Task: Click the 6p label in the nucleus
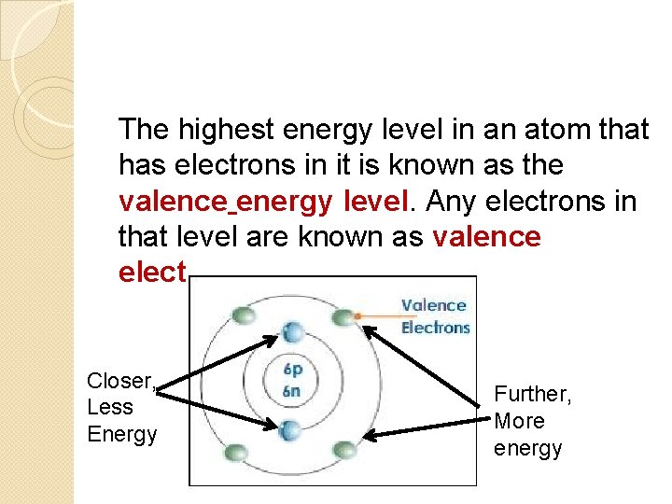(x=291, y=369)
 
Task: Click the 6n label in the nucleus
(x=291, y=390)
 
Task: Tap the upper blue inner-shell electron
(x=292, y=330)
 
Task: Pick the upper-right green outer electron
(x=345, y=317)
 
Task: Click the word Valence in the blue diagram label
(x=434, y=305)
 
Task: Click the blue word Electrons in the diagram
(x=436, y=328)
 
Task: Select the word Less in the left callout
(x=110, y=407)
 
